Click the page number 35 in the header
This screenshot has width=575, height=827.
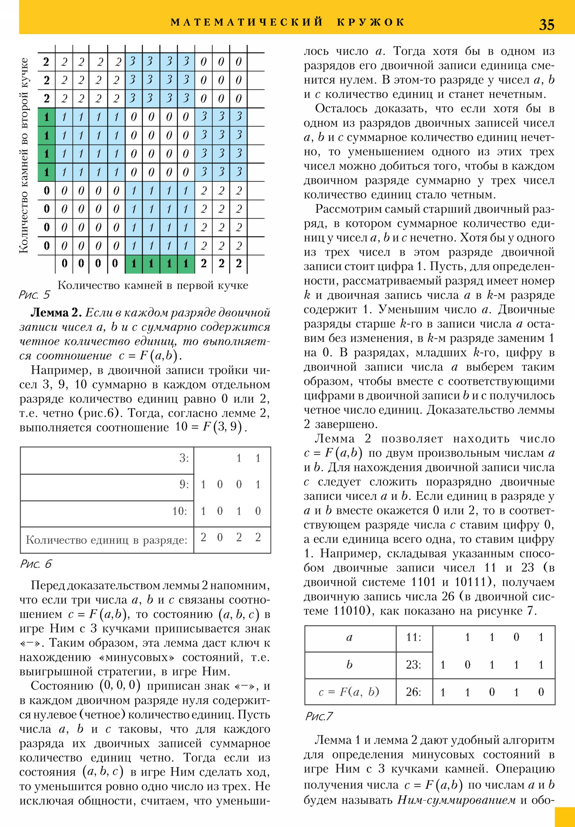[x=546, y=24]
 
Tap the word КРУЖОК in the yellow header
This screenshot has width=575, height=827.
[x=371, y=22]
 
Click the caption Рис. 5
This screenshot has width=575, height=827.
[x=34, y=295]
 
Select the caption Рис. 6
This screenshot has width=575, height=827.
[x=36, y=564]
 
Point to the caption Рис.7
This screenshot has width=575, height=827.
[x=319, y=716]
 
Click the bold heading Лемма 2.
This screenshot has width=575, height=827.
[x=56, y=312]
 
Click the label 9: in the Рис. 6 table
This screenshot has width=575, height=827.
[x=184, y=484]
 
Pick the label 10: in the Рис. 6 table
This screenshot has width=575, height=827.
[x=180, y=511]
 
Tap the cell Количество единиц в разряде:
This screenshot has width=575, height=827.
[x=107, y=540]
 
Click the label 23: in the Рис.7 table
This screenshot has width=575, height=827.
[x=413, y=664]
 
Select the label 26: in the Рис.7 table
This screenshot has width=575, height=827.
[x=413, y=691]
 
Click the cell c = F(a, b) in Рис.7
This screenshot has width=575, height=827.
[x=349, y=691]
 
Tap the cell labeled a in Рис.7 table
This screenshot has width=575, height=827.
[x=349, y=638]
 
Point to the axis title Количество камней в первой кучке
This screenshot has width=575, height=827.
[x=153, y=285]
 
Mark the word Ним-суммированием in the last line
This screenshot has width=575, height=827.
[x=456, y=800]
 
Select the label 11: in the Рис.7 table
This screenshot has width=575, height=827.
[x=413, y=638]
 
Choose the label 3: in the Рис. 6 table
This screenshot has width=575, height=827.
[x=184, y=458]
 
